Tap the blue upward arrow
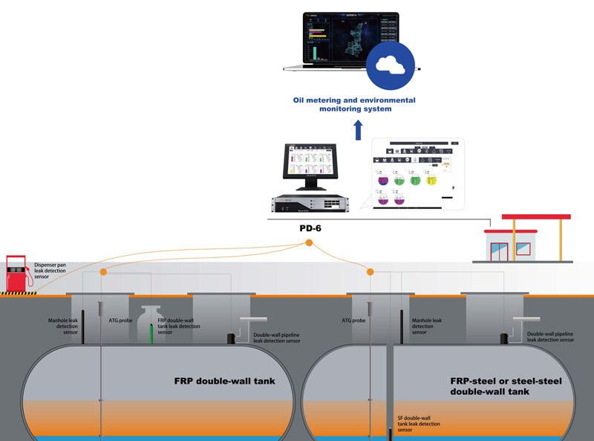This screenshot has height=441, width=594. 358,130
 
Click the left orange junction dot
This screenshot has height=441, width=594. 102,272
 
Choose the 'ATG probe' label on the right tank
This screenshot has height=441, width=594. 353,321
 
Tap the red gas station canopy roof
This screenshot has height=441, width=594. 536,217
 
